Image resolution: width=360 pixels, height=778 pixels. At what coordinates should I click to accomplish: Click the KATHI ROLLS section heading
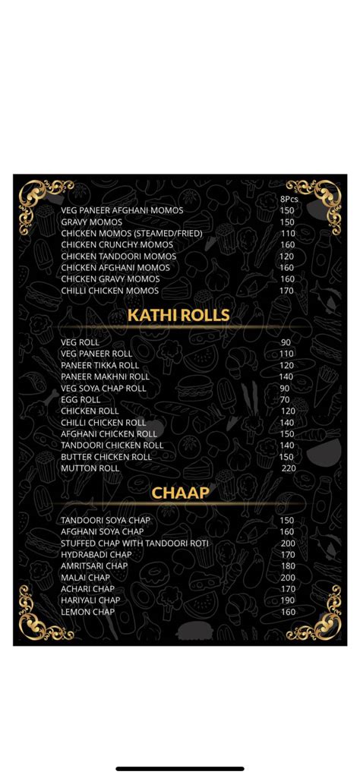pyautogui.click(x=178, y=314)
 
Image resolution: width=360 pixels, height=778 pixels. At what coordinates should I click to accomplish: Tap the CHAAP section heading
pyautogui.click(x=180, y=493)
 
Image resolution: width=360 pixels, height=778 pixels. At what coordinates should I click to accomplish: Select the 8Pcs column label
pyautogui.click(x=289, y=199)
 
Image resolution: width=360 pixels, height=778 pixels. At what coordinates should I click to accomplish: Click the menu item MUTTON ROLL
pyautogui.click(x=90, y=468)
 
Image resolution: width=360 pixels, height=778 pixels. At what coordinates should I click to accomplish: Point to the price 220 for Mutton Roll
pyautogui.click(x=288, y=468)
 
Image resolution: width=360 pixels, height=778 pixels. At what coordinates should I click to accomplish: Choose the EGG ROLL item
pyautogui.click(x=81, y=399)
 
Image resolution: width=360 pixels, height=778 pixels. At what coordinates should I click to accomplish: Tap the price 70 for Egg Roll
pyautogui.click(x=285, y=399)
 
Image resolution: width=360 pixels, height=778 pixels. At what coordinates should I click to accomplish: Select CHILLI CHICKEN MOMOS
pyautogui.click(x=110, y=291)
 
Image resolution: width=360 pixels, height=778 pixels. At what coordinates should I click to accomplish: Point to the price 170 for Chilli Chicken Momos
pyautogui.click(x=286, y=291)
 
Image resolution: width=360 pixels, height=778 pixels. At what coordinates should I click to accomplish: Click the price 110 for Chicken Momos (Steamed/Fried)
pyautogui.click(x=287, y=233)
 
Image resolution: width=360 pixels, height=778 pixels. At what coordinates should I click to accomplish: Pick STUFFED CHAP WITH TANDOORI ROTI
pyautogui.click(x=134, y=543)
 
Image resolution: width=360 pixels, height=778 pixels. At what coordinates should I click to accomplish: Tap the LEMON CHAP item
pyautogui.click(x=88, y=612)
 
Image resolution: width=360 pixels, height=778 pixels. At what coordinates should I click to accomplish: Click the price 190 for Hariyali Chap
pyautogui.click(x=288, y=600)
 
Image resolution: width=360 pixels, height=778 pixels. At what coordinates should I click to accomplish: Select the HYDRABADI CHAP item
pyautogui.click(x=95, y=555)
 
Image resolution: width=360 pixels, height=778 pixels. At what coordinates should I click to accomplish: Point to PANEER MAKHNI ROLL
pyautogui.click(x=105, y=376)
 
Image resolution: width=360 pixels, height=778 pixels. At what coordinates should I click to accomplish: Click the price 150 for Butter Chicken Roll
pyautogui.click(x=286, y=457)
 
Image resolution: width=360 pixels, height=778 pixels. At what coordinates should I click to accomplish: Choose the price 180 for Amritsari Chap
pyautogui.click(x=288, y=566)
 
